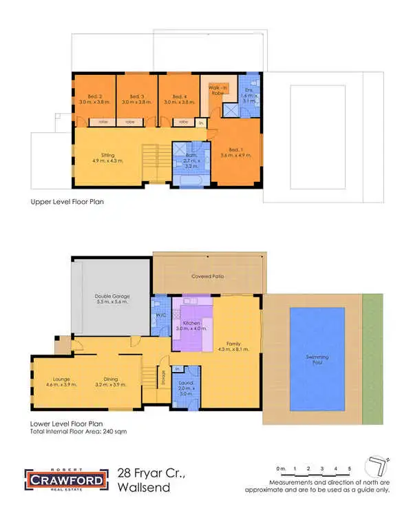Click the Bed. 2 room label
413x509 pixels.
point(94,98)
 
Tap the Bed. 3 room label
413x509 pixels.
point(137,98)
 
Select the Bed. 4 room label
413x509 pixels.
point(180,98)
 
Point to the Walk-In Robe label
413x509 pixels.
point(220,90)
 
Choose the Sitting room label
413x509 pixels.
point(107,158)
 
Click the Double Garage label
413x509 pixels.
point(112,298)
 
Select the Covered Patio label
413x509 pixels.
point(207,276)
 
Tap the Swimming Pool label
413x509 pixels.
point(318,360)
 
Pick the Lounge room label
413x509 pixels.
point(56,381)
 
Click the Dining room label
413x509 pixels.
point(110,381)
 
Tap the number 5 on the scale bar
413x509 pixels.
point(350,469)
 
